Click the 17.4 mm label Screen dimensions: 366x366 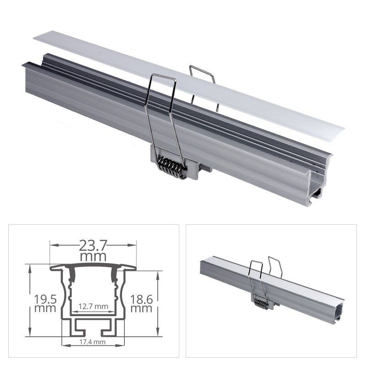point(93,341)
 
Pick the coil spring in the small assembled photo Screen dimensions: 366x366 point(261,303)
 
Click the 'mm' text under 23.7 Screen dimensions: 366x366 point(92,257)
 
